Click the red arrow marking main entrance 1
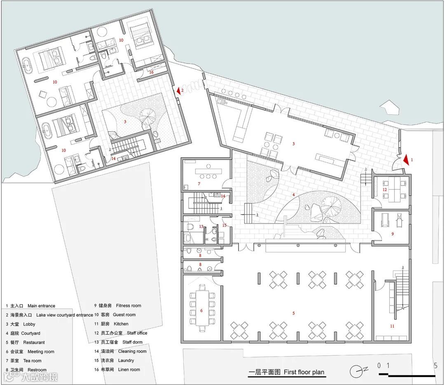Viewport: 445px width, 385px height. [x=406, y=160]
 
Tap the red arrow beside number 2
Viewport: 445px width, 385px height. [x=179, y=91]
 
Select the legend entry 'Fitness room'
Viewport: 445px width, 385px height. [x=128, y=305]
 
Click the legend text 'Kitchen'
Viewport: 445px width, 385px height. [x=121, y=324]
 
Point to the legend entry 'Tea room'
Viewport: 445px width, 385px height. [x=32, y=361]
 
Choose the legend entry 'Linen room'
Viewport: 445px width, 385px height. [x=129, y=369]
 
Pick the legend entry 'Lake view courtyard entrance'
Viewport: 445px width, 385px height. [x=64, y=315]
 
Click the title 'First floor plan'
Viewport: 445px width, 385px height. [x=304, y=372]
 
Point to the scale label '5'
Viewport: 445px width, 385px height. [x=436, y=365]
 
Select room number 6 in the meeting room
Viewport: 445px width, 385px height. [x=201, y=310]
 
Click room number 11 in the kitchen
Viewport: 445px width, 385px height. [x=392, y=326]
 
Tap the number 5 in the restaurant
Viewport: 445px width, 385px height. [x=293, y=313]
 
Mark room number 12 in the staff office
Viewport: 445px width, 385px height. [x=384, y=189]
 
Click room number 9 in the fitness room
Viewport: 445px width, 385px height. [x=393, y=234]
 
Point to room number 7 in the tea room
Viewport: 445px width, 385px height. [x=199, y=184]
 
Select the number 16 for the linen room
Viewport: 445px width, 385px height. [x=151, y=72]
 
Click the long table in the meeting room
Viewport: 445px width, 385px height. [x=201, y=308]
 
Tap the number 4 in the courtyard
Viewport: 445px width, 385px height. [x=293, y=195]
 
